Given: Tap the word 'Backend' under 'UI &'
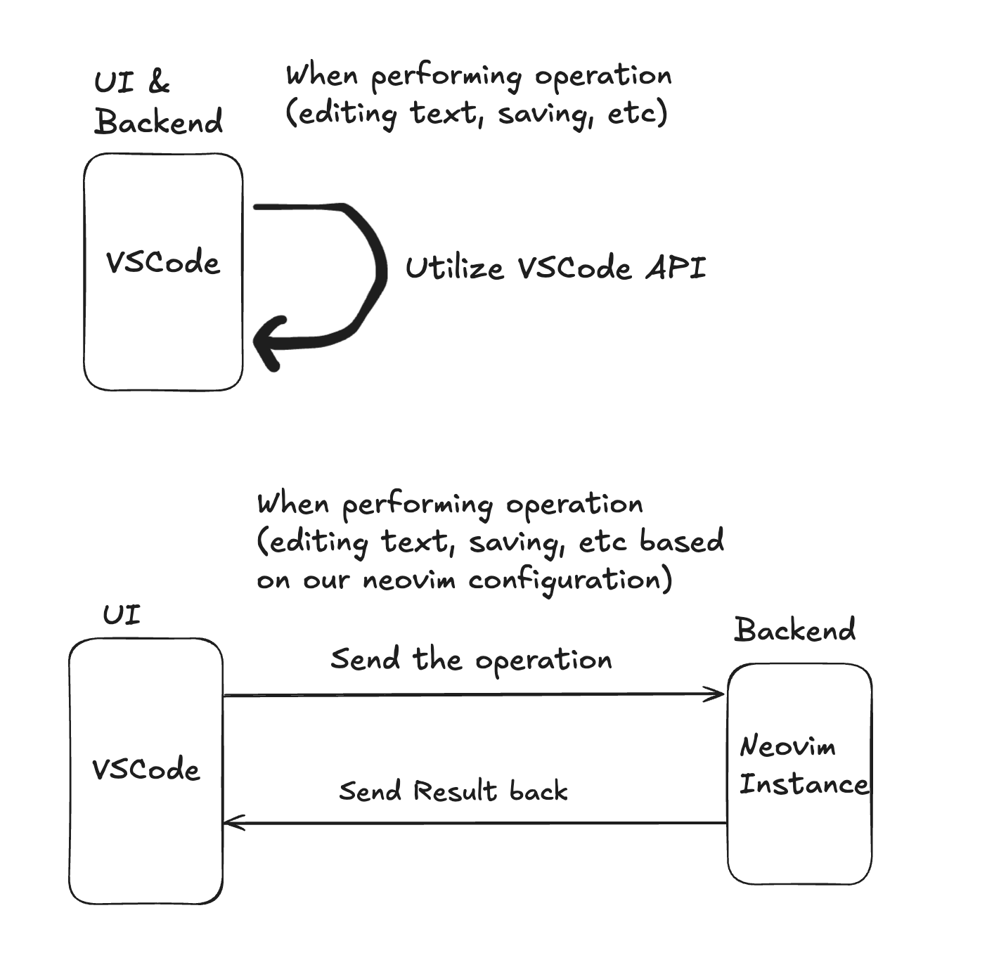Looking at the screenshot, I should point(159,122).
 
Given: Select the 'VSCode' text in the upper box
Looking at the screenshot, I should point(163,263).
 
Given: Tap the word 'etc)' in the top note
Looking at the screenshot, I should point(637,113).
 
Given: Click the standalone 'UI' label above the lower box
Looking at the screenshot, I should point(122,615).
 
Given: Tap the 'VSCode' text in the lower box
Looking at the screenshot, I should point(146,770).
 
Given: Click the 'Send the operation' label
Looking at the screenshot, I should point(471,660).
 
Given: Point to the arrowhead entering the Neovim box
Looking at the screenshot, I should point(717,694).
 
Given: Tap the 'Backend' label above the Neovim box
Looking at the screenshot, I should point(794,630).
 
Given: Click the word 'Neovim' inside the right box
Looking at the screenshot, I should point(788,746).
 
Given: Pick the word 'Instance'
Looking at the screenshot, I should point(804,784).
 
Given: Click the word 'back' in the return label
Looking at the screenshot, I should point(538,791).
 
